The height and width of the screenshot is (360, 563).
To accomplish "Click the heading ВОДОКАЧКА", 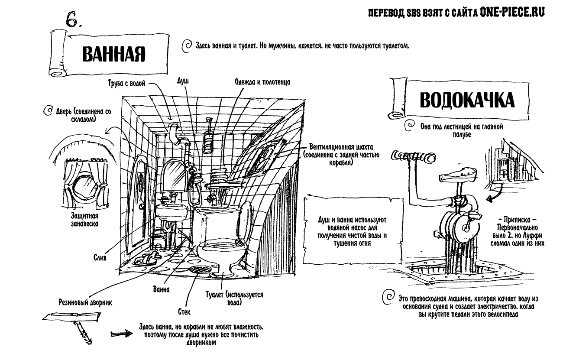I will point(467,101).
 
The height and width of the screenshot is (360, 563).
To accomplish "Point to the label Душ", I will point(183,81).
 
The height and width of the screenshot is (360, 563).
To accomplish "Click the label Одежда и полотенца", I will point(262,81).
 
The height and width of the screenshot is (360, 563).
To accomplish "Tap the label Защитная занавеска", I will point(84,220).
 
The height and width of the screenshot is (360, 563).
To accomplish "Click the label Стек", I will point(184,311).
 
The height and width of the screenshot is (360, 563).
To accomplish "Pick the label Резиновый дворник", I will point(85,303).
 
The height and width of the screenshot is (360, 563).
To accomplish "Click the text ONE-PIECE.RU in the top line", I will point(511,13).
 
